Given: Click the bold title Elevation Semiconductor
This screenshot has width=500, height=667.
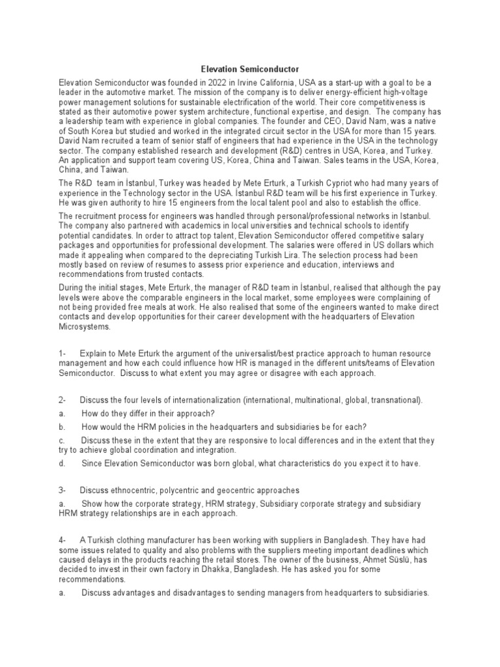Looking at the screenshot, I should [x=249, y=68].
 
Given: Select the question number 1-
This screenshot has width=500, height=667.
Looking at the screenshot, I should [x=62, y=352].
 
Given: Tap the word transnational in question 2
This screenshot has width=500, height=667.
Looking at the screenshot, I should [x=391, y=399].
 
